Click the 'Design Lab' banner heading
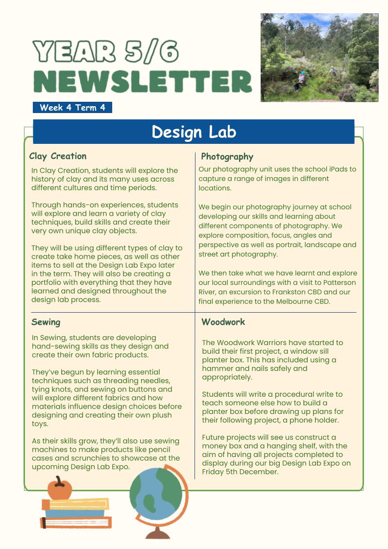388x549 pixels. (194, 132)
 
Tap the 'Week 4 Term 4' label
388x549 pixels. (73, 108)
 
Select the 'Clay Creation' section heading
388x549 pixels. (58, 157)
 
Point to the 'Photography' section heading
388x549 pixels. (227, 157)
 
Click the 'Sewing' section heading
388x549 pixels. (46, 322)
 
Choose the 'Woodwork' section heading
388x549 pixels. (223, 322)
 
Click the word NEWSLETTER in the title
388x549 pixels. (143, 81)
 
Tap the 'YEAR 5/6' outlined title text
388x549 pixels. (105, 52)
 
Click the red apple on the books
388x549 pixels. (59, 489)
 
